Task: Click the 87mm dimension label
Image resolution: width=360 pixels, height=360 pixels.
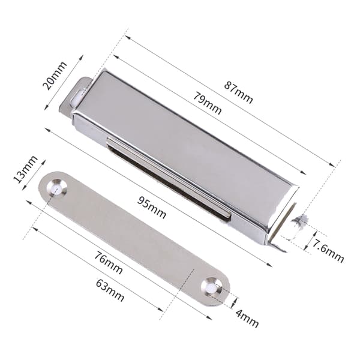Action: click(239, 92)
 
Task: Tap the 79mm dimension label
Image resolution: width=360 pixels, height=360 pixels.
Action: click(208, 103)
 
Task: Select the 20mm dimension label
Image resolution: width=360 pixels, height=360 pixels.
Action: click(55, 76)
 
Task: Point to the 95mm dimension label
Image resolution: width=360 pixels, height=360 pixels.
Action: click(152, 208)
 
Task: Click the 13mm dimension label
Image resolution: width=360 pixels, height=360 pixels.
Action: click(25, 169)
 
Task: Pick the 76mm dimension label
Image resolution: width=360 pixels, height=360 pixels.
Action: click(109, 263)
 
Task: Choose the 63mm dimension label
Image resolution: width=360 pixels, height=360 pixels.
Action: click(110, 290)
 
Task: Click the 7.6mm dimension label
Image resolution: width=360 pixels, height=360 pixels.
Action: click(328, 251)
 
